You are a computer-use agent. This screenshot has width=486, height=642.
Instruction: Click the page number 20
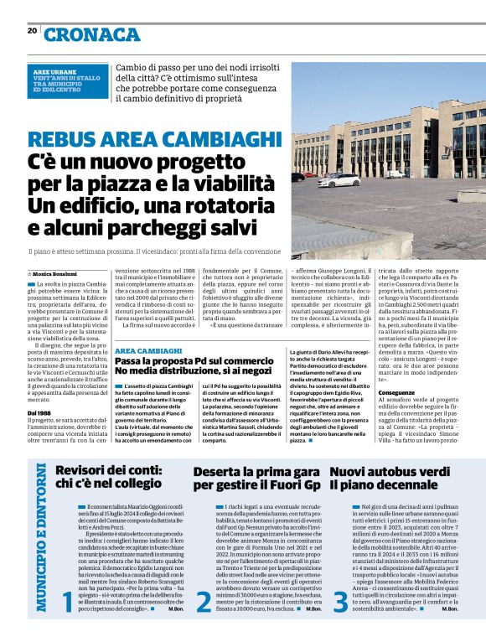coord(32,31)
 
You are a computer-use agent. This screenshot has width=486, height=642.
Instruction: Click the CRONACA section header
coord(92,34)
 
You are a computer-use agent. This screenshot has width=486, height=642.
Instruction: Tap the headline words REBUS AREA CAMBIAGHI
coord(154,139)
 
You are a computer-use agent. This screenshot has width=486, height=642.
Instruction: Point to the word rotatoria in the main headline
coord(218,205)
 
